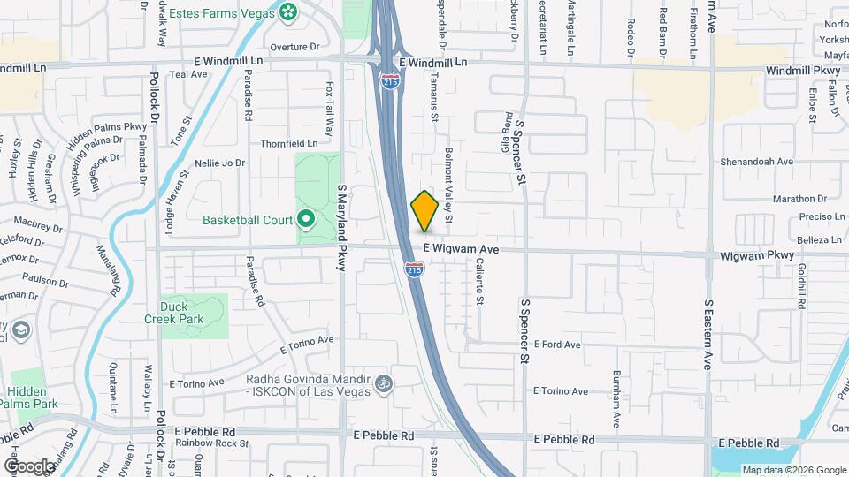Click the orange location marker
pos(424,210)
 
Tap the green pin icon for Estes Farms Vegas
pos(287,11)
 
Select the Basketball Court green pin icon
pos(306,219)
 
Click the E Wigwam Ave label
pos(461,251)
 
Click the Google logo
pos(29,466)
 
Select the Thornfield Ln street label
pos(288,142)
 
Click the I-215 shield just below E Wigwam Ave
pos(413,269)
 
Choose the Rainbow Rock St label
pos(211,443)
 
